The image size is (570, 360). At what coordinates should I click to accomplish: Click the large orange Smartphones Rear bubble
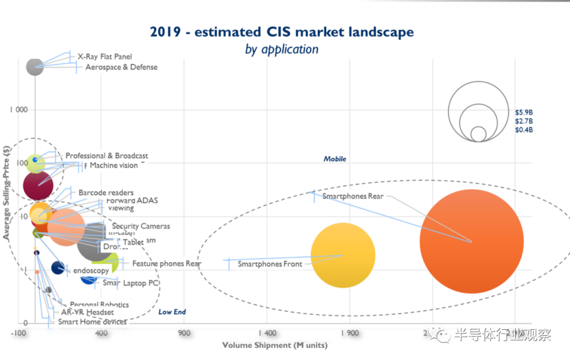click(x=471, y=241)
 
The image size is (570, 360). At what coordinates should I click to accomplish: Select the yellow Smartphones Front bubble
click(x=343, y=255)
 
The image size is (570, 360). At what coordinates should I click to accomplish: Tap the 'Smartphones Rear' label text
click(x=353, y=196)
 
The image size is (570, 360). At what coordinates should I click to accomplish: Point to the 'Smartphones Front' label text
click(x=270, y=264)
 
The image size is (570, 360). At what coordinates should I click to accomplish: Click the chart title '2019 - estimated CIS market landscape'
click(x=282, y=32)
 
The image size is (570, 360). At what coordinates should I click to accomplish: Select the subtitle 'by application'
click(x=282, y=50)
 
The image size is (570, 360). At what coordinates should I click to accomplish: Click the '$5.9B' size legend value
click(x=524, y=112)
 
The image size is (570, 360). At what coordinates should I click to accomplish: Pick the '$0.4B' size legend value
click(x=524, y=130)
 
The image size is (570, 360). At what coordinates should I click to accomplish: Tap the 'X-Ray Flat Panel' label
click(x=104, y=56)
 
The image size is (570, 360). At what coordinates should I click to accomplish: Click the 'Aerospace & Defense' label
click(x=121, y=67)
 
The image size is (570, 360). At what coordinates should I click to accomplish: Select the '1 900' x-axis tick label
click(x=350, y=333)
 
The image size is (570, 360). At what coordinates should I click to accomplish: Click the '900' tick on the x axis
click(x=184, y=333)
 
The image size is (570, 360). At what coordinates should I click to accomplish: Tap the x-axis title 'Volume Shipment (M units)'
click(x=274, y=345)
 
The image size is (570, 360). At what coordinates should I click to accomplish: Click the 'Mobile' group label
click(x=335, y=159)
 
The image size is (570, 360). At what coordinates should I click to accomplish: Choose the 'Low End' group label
click(x=172, y=312)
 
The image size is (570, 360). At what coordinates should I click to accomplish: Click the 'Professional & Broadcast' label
click(x=107, y=156)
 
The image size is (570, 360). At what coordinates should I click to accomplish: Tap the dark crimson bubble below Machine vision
click(x=38, y=185)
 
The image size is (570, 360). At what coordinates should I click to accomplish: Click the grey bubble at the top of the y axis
click(x=35, y=67)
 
